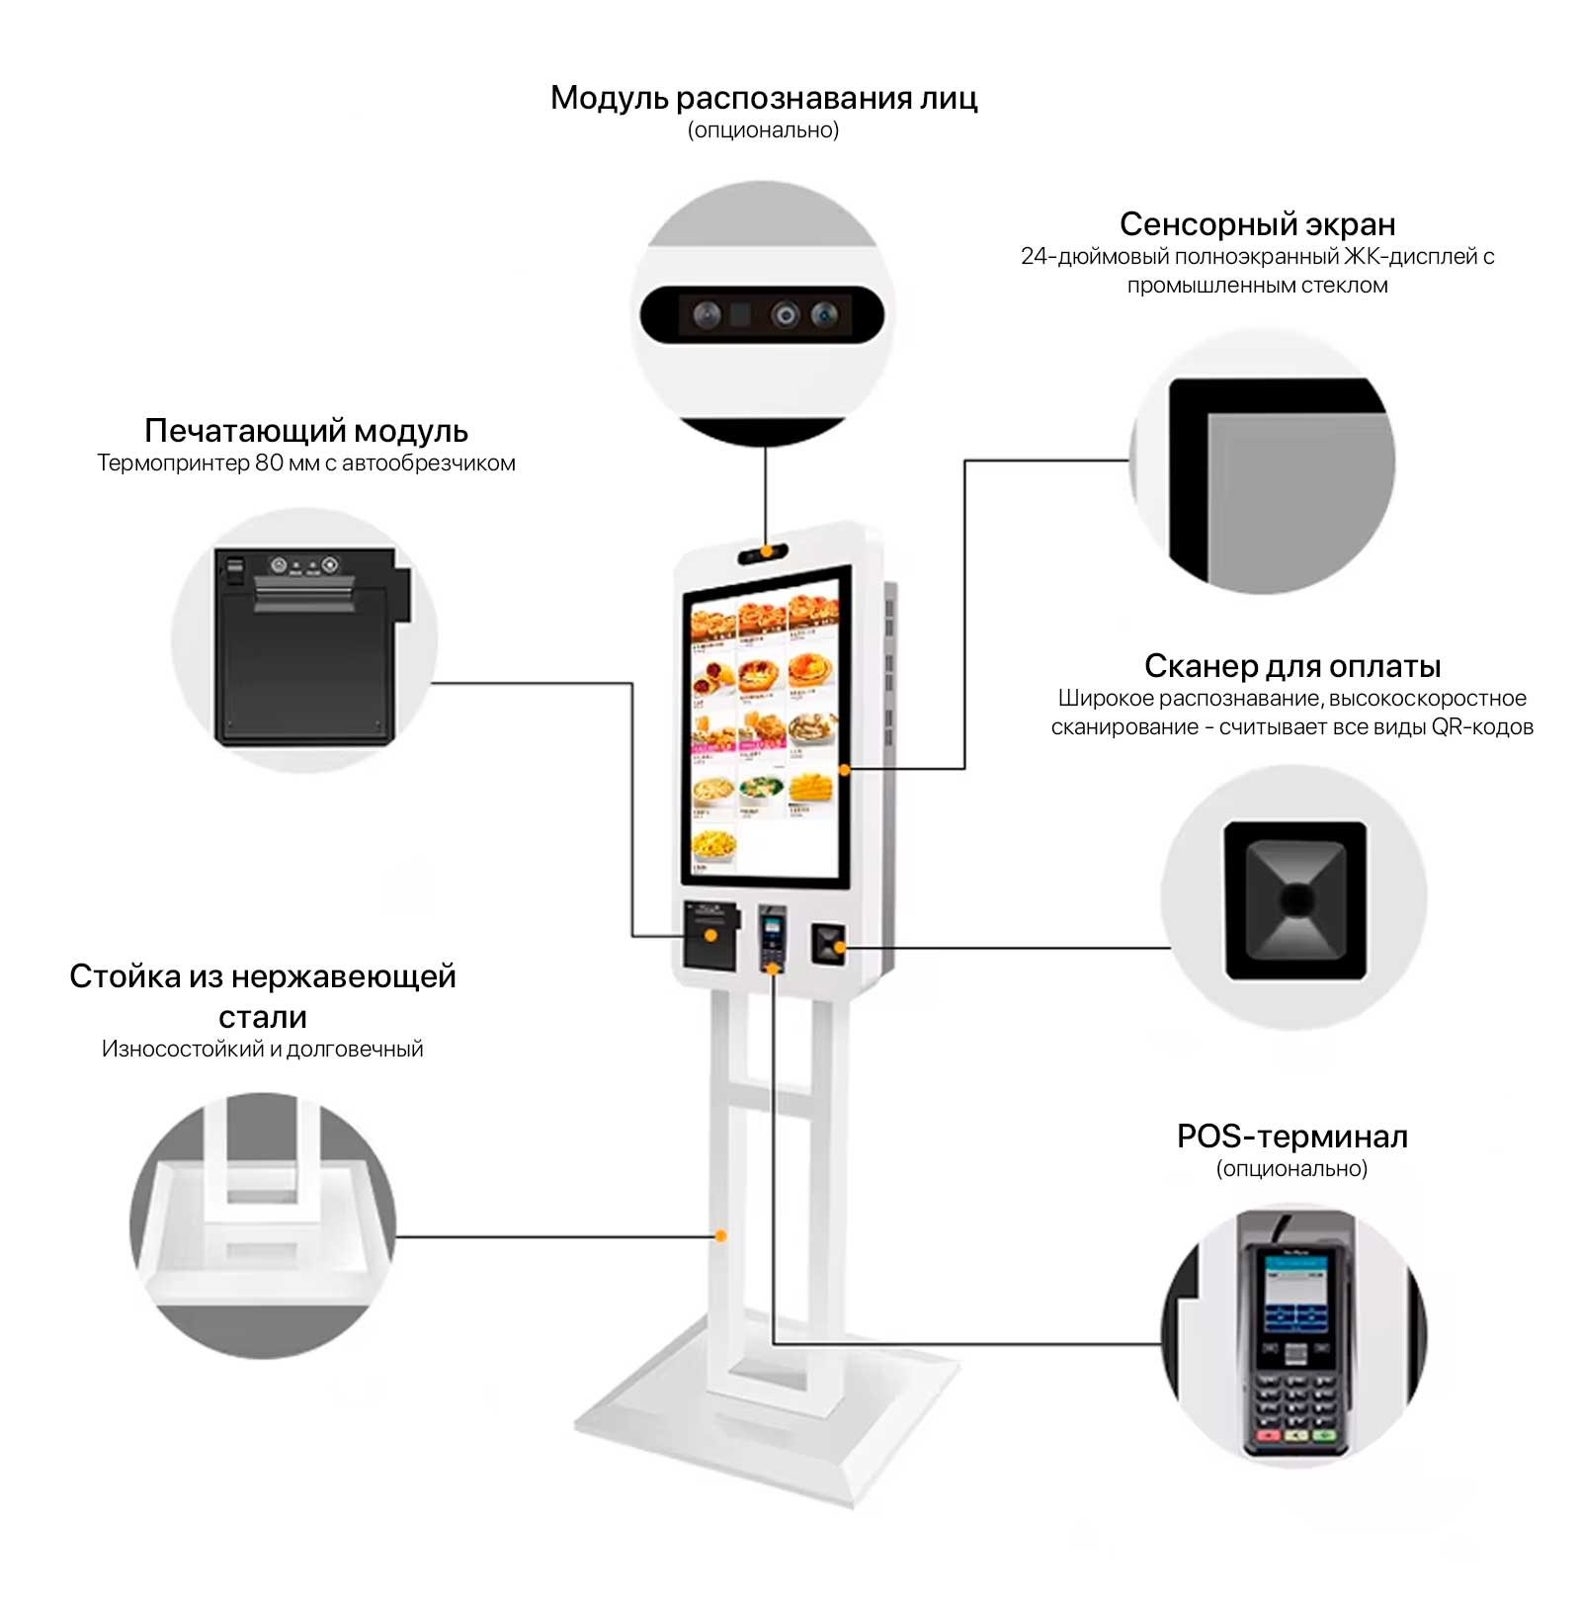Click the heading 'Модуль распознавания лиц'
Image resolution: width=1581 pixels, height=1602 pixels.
point(763,98)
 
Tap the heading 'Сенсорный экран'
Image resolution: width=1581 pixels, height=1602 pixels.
point(1257,224)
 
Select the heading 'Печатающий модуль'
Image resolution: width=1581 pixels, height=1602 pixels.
point(305,431)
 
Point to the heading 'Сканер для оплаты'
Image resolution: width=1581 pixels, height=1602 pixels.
point(1291,666)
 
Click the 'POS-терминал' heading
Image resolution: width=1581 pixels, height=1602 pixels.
point(1291,1137)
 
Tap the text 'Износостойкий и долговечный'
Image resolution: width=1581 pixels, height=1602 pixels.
point(262,1050)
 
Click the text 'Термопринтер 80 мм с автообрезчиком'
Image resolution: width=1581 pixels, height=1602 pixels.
point(305,464)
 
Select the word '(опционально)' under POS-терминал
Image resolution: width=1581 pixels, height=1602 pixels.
point(1291,1169)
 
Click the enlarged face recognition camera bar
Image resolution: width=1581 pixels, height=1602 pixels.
point(762,315)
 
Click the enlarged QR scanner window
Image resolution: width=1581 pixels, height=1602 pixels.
point(1295,899)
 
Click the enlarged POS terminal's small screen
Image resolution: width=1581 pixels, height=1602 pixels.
point(1295,1290)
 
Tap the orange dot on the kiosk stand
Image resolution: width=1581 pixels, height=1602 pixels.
point(721,1236)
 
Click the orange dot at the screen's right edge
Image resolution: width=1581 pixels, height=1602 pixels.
point(844,769)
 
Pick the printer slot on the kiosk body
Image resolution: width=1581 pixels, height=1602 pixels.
point(709,934)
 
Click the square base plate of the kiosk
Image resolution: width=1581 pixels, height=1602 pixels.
point(766,1423)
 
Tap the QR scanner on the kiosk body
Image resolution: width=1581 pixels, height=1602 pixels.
point(827,944)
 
